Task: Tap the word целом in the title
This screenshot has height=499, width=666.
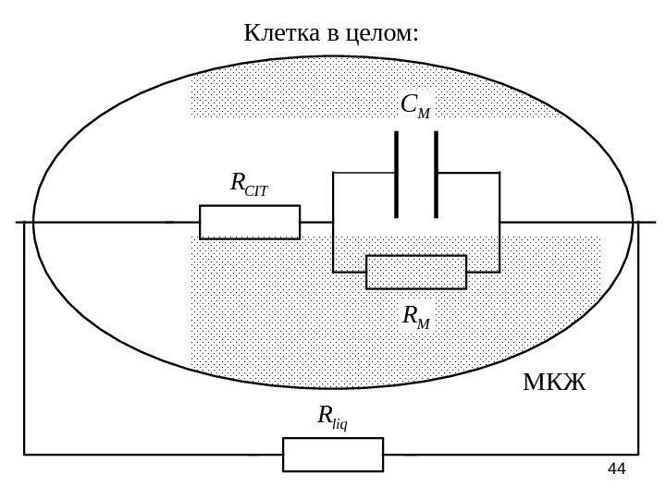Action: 380,34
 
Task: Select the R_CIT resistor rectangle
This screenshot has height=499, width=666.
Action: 250,222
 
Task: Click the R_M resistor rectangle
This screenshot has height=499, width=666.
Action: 416,272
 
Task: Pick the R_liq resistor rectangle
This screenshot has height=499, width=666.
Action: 333,455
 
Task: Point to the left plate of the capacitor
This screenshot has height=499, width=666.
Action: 396,175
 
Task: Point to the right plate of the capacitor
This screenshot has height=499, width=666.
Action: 436,175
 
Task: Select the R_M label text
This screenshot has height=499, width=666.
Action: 416,317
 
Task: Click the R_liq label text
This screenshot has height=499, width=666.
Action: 332,418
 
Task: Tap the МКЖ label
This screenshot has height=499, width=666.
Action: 554,383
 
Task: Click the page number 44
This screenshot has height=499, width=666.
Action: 616,469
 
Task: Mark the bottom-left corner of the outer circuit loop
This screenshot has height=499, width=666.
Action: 25,455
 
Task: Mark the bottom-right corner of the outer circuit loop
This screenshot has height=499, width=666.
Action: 638,455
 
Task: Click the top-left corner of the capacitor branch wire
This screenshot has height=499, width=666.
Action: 333,173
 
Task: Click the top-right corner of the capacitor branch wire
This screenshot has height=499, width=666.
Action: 499,173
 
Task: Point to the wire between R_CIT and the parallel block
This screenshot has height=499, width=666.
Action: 316,222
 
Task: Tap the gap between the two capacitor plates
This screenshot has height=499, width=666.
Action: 416,175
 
